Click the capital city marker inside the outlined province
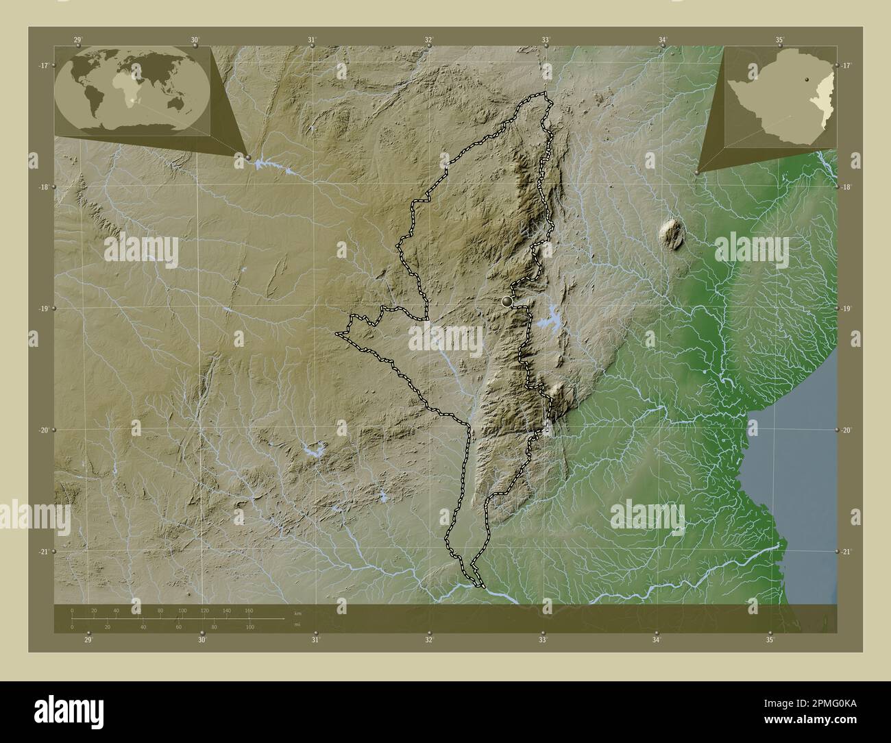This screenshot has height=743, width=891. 507,301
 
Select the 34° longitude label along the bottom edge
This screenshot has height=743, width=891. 656,640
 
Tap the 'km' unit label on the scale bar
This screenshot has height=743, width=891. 297,613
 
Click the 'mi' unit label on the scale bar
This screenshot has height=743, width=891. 297,624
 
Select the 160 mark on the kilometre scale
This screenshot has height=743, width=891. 249,610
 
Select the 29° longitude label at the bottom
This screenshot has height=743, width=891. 88,640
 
